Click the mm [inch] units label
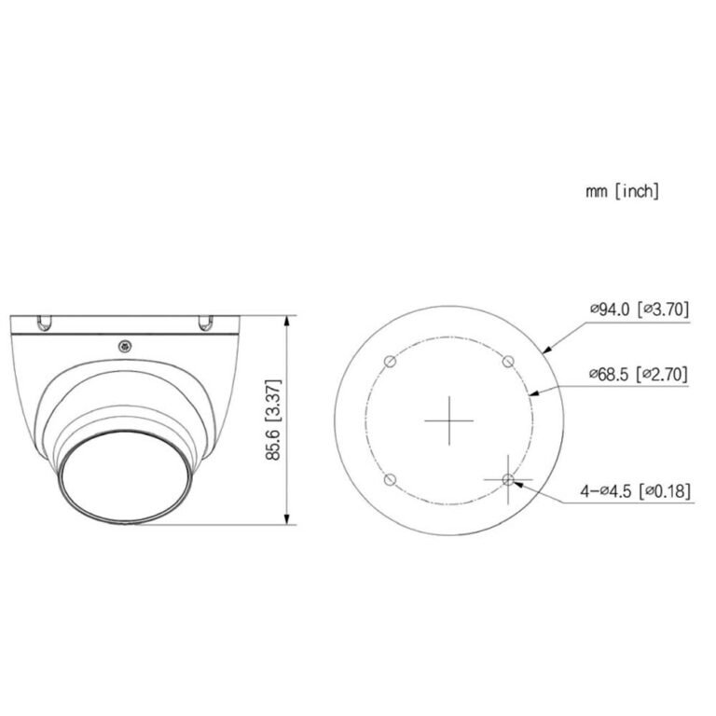(623, 191)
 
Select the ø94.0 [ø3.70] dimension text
(640, 310)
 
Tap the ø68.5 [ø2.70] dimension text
(639, 375)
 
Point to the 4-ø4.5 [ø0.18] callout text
(636, 491)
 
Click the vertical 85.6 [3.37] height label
(273, 420)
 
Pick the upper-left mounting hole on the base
(391, 362)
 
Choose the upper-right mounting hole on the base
(508, 362)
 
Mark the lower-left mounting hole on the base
(390, 479)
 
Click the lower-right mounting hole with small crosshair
(508, 479)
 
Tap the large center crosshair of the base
(449, 420)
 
